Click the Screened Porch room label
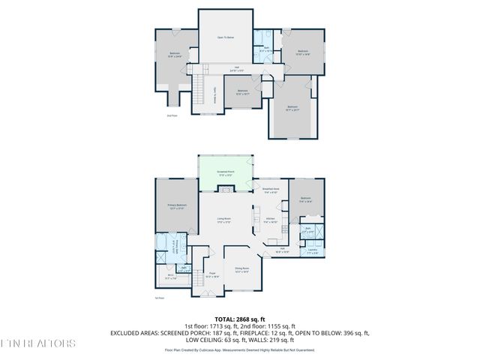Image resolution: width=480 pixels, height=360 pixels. click(225, 172)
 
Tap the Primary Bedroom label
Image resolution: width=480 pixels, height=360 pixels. click(176, 206)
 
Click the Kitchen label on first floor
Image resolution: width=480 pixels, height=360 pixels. click(271, 220)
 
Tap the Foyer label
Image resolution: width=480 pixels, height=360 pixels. click(211, 274)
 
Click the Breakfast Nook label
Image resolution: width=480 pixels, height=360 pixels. click(271, 190)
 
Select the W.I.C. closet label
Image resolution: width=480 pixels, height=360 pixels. click(169, 277)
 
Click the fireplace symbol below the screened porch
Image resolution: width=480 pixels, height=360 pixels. click(225, 191)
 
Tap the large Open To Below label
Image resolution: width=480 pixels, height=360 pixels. click(225, 37)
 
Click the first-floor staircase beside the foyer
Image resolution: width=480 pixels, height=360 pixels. click(197, 279)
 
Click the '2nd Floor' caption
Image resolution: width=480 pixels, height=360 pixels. click(172, 115)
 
